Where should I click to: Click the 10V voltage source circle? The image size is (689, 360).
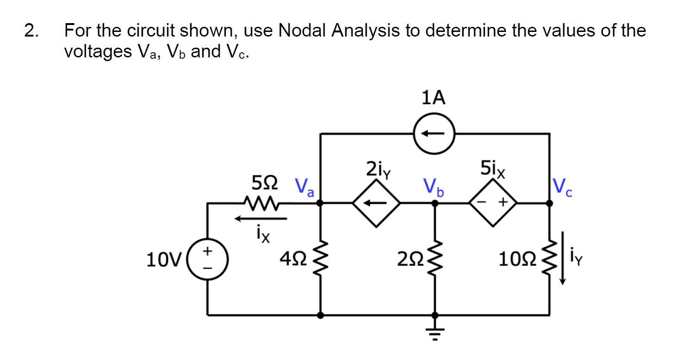click(207, 259)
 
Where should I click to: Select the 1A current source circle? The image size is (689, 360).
click(435, 133)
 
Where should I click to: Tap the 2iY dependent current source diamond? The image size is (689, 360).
click(376, 203)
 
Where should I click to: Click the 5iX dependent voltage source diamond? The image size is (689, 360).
click(493, 203)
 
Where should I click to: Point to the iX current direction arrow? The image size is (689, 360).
click(261, 218)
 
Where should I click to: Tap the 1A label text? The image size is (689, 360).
click(434, 98)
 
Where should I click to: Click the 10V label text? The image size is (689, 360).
click(161, 260)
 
